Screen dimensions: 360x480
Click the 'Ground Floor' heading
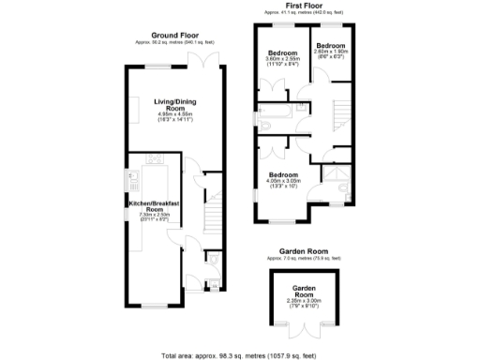tap(178, 36)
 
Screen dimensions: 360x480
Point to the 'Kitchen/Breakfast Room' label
tap(155, 206)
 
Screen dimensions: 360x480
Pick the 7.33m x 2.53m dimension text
tap(155, 217)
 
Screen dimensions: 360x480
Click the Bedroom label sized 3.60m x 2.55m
tap(282, 52)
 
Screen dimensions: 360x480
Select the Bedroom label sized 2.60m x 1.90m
tap(331, 46)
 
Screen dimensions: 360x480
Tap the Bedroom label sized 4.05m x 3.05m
tap(283, 175)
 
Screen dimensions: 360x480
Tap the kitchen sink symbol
tap(131, 179)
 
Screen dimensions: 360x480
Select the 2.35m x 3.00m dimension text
tap(302, 301)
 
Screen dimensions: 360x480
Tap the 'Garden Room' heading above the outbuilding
tap(302, 250)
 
